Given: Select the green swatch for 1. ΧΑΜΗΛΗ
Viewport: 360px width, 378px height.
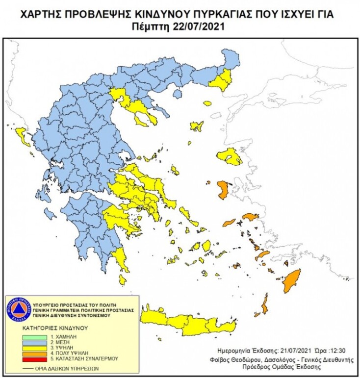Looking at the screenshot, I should (36, 338).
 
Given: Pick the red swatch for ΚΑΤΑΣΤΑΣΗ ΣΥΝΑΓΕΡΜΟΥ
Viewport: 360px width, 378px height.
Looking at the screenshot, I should (36, 358).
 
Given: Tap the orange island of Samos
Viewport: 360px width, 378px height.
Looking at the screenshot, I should (250, 216).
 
